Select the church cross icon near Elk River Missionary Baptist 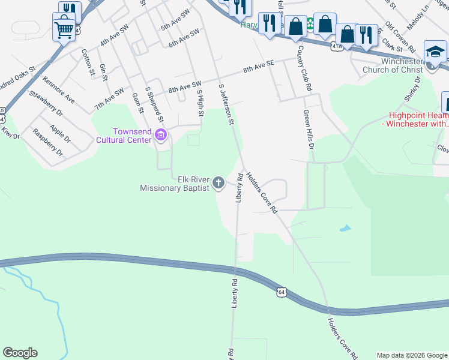219,183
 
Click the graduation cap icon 435,52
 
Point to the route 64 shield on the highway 281,292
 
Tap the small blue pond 344,229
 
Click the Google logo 20,353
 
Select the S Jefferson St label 226,104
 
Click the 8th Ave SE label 258,67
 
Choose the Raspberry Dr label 47,142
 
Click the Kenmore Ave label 58,89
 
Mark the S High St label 200,102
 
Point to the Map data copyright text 411,355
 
